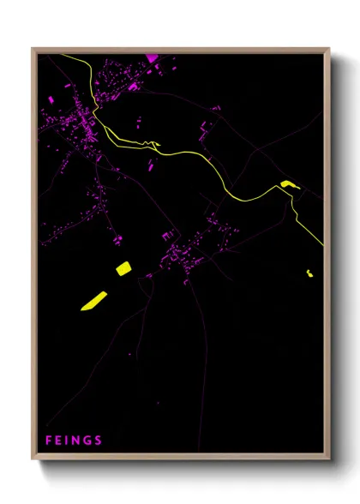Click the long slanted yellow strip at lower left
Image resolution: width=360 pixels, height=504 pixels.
tap(93, 300)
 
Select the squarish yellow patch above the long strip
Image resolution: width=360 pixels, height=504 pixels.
tap(123, 268)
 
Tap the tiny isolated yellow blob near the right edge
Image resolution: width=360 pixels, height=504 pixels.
tap(309, 273)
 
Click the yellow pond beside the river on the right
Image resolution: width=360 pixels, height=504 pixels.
tap(286, 183)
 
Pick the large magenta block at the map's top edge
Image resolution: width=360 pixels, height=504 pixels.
tap(153, 58)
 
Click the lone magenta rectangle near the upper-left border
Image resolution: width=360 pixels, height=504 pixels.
tap(50, 100)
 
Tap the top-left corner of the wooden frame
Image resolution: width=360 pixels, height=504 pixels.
tap(33, 49)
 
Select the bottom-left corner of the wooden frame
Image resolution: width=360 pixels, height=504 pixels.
tap(33, 459)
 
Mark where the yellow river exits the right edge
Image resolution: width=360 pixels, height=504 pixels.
tap(323, 245)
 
